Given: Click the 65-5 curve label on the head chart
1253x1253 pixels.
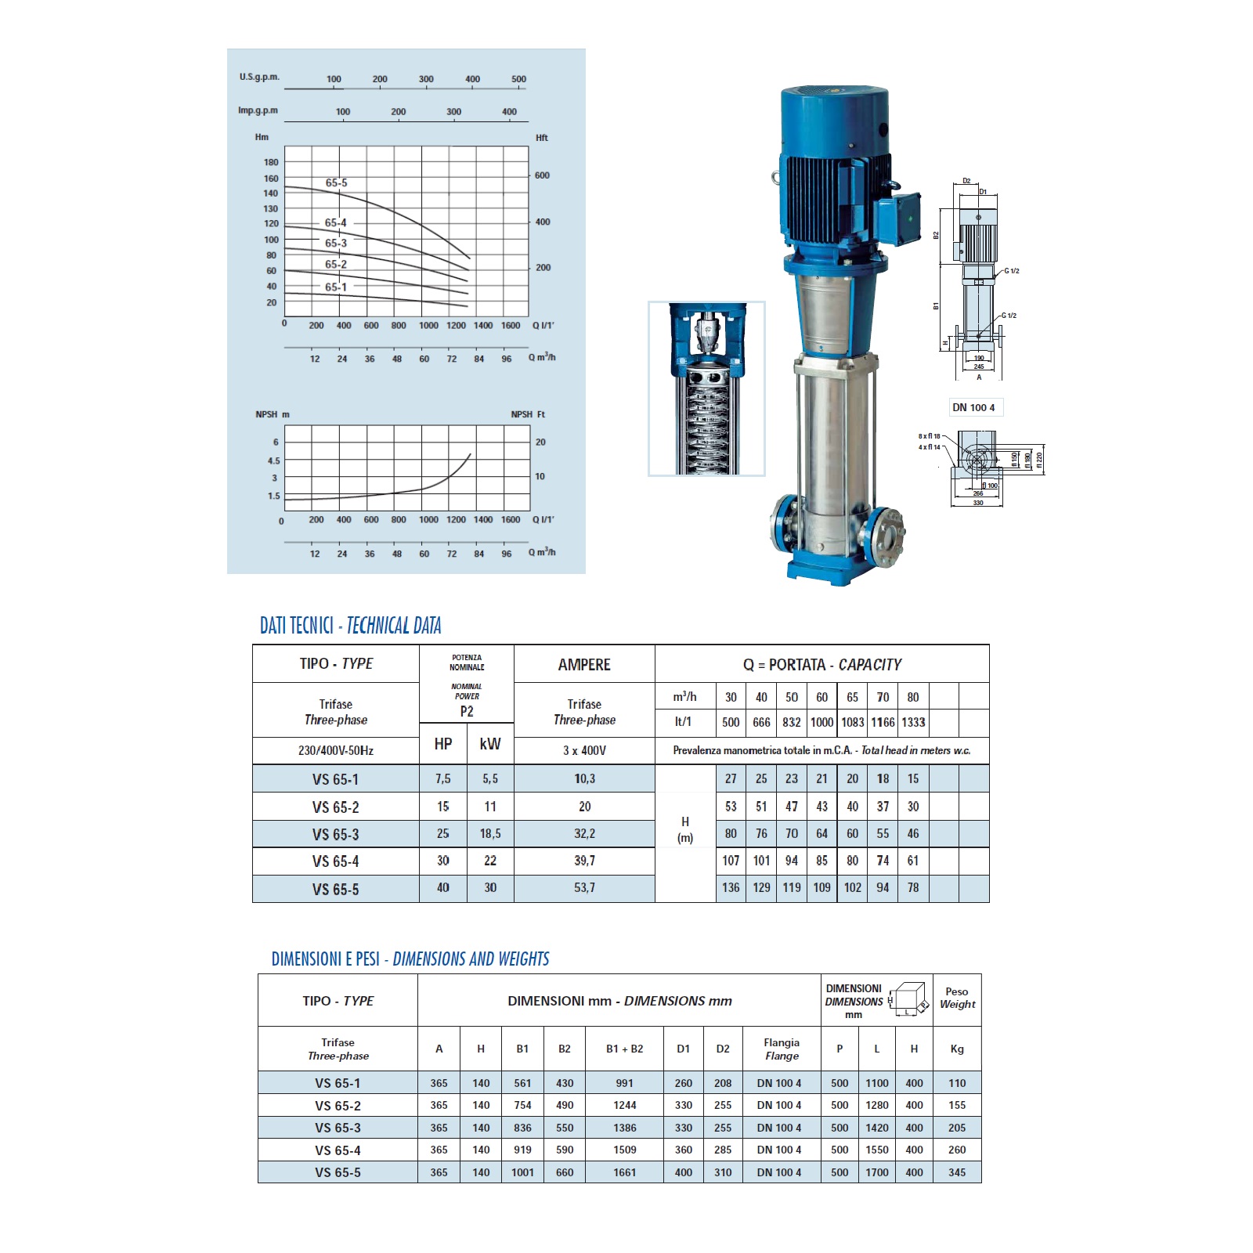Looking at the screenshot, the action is (337, 183).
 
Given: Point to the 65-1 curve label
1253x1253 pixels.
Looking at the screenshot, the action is (336, 287).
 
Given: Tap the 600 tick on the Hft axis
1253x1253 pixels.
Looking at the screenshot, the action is (542, 175).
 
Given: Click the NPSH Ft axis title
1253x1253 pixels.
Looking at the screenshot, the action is (528, 414).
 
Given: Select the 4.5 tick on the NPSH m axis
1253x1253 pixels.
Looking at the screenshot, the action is (273, 461).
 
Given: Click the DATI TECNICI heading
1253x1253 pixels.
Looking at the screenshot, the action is (297, 626).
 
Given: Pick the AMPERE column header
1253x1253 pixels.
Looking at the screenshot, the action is (584, 665).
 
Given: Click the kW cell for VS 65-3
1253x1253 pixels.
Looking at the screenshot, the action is (490, 834).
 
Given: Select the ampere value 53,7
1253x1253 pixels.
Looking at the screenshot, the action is (584, 888).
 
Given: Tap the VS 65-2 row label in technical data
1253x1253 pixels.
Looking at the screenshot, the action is (335, 807).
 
